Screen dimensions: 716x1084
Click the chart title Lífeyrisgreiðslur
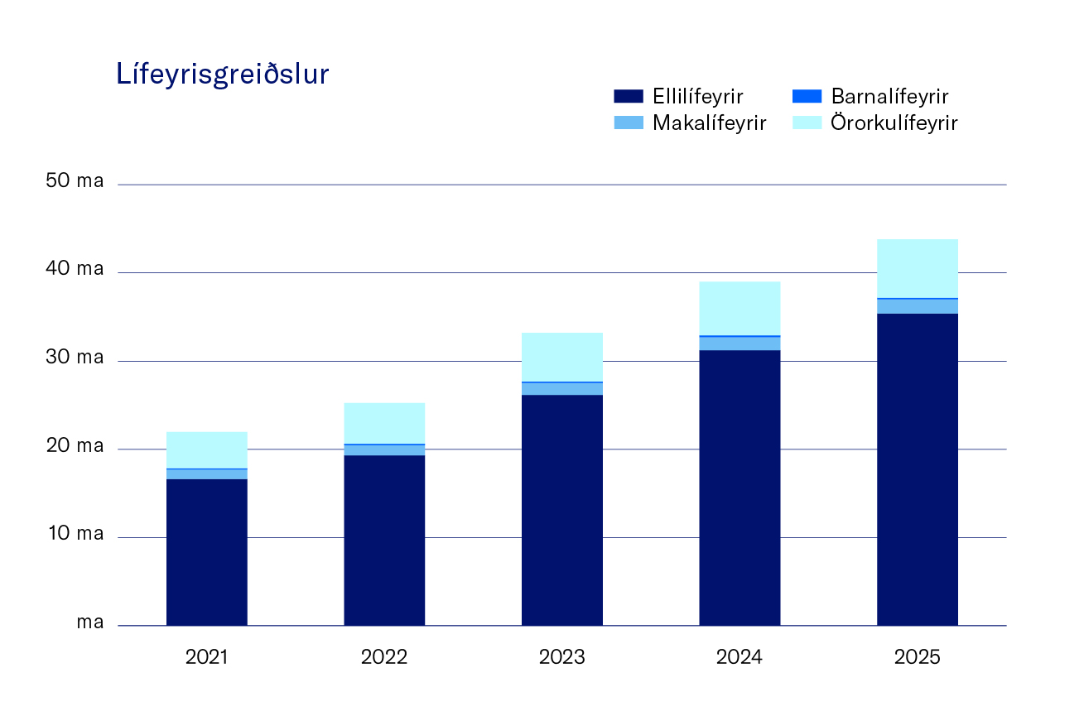point(223,75)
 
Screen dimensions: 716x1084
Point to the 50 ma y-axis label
point(75,180)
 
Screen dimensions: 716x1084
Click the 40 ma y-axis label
point(75,269)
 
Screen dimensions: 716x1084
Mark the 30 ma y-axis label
point(75,358)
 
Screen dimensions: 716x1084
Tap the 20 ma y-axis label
point(75,446)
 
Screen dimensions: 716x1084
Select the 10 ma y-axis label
point(75,534)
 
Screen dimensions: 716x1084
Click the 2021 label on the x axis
point(206,658)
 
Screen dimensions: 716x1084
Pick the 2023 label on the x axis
point(561,658)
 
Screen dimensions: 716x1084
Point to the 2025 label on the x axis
point(917,658)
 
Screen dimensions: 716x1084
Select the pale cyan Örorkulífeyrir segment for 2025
point(917,268)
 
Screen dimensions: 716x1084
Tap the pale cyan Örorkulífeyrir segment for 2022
point(384,423)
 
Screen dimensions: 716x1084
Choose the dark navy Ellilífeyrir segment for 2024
point(740,488)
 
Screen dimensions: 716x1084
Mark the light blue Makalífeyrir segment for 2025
point(917,306)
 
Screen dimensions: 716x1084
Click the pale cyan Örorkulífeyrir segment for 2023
point(561,357)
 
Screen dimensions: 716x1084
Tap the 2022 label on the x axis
point(384,658)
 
